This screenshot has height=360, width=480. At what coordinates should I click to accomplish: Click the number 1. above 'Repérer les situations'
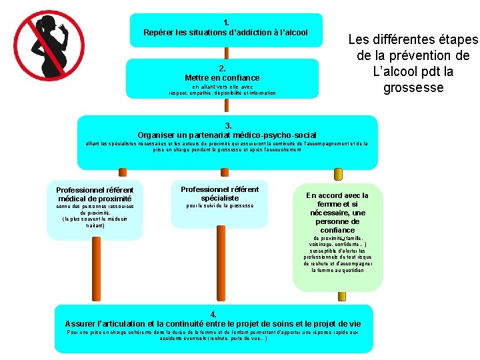227,22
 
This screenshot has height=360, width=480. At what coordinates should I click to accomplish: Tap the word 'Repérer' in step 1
159,32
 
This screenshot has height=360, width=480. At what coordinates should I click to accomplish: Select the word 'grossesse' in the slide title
413,87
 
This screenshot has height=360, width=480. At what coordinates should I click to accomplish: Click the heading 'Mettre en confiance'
222,78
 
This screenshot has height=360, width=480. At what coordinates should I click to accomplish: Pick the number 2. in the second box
222,69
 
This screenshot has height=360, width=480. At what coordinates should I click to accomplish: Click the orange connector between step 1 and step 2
226,53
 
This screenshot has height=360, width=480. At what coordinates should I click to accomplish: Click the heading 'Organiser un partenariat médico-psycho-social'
227,135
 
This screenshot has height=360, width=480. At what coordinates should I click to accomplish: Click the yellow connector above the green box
338,175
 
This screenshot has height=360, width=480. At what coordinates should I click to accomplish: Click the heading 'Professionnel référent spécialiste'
219,193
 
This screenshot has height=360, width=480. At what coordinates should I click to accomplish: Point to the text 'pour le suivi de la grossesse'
219,206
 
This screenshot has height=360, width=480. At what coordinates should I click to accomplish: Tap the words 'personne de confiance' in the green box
337,225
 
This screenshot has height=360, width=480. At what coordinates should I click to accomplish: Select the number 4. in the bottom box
213,314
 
